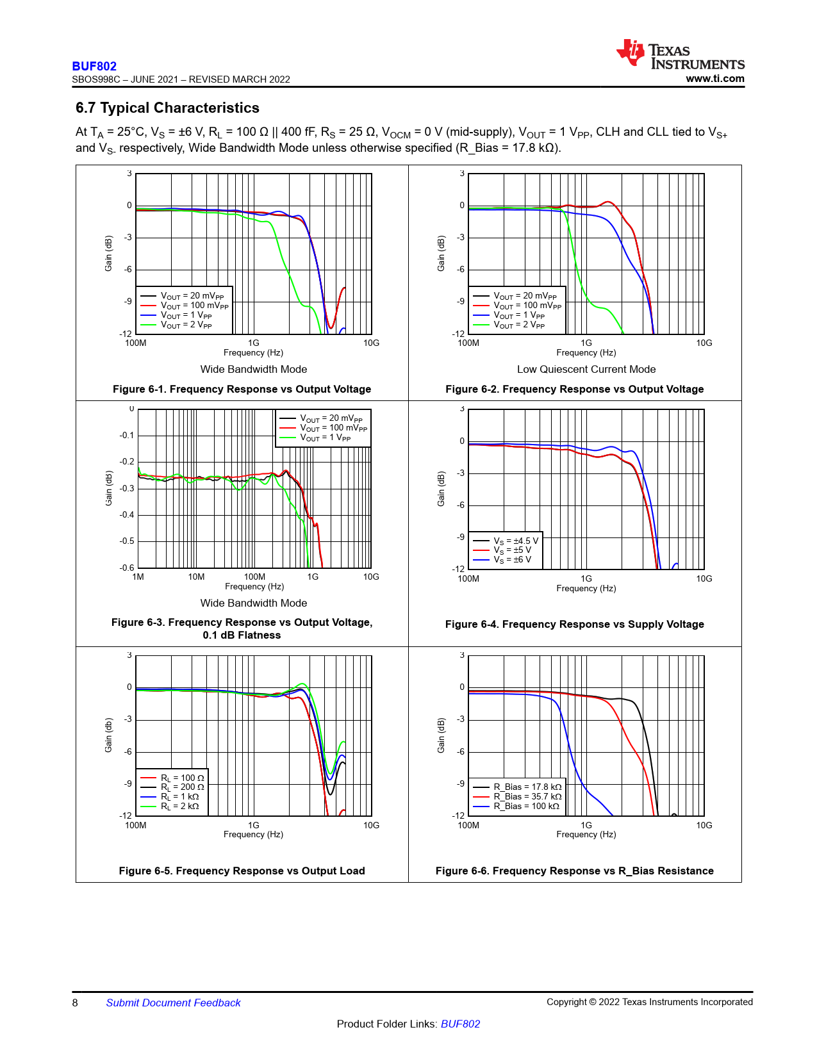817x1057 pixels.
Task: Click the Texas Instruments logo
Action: pyautogui.click(x=680, y=54)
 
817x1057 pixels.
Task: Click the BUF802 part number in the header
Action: pyautogui.click(x=94, y=66)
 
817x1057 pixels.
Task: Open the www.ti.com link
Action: pyautogui.click(x=714, y=79)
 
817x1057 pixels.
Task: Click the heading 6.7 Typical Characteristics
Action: pyautogui.click(x=167, y=108)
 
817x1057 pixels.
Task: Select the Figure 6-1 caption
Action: pyautogui.click(x=242, y=389)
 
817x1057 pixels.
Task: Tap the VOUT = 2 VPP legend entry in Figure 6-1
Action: pyautogui.click(x=186, y=325)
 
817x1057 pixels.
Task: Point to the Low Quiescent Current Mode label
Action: pyautogui.click(x=586, y=369)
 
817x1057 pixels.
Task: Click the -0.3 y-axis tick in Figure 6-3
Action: pyautogui.click(x=127, y=488)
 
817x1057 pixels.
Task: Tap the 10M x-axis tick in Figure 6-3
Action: pyautogui.click(x=196, y=577)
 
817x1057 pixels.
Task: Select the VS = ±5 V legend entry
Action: pyautogui.click(x=512, y=550)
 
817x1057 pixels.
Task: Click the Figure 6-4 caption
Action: pyautogui.click(x=574, y=624)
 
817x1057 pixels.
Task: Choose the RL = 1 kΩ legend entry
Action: pyautogui.click(x=179, y=797)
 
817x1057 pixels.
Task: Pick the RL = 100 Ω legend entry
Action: pyautogui.click(x=182, y=778)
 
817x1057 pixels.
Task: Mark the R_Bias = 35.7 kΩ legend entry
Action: pyautogui.click(x=527, y=797)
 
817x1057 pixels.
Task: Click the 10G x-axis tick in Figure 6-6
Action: pyautogui.click(x=704, y=825)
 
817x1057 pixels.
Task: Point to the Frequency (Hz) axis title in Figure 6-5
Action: pyautogui.click(x=253, y=834)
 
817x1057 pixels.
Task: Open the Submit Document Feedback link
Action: pyautogui.click(x=173, y=1003)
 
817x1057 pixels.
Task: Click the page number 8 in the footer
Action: pyautogui.click(x=75, y=1003)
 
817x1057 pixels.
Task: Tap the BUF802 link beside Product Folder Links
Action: pyautogui.click(x=460, y=1024)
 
